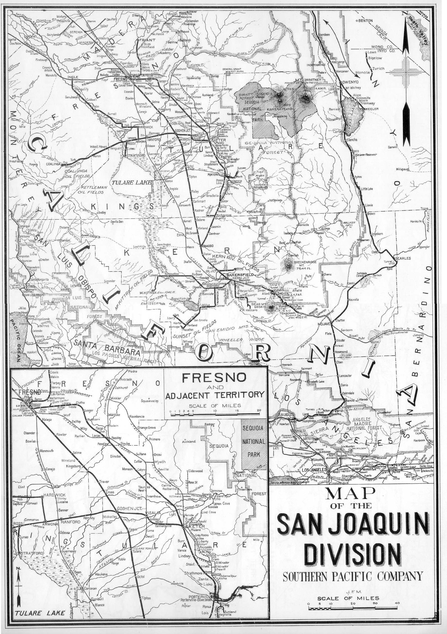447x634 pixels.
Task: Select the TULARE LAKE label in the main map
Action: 131,183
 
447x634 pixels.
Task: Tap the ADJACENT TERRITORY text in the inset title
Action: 215,395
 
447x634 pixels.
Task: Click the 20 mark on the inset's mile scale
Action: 259,410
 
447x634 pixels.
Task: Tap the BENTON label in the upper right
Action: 365,21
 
